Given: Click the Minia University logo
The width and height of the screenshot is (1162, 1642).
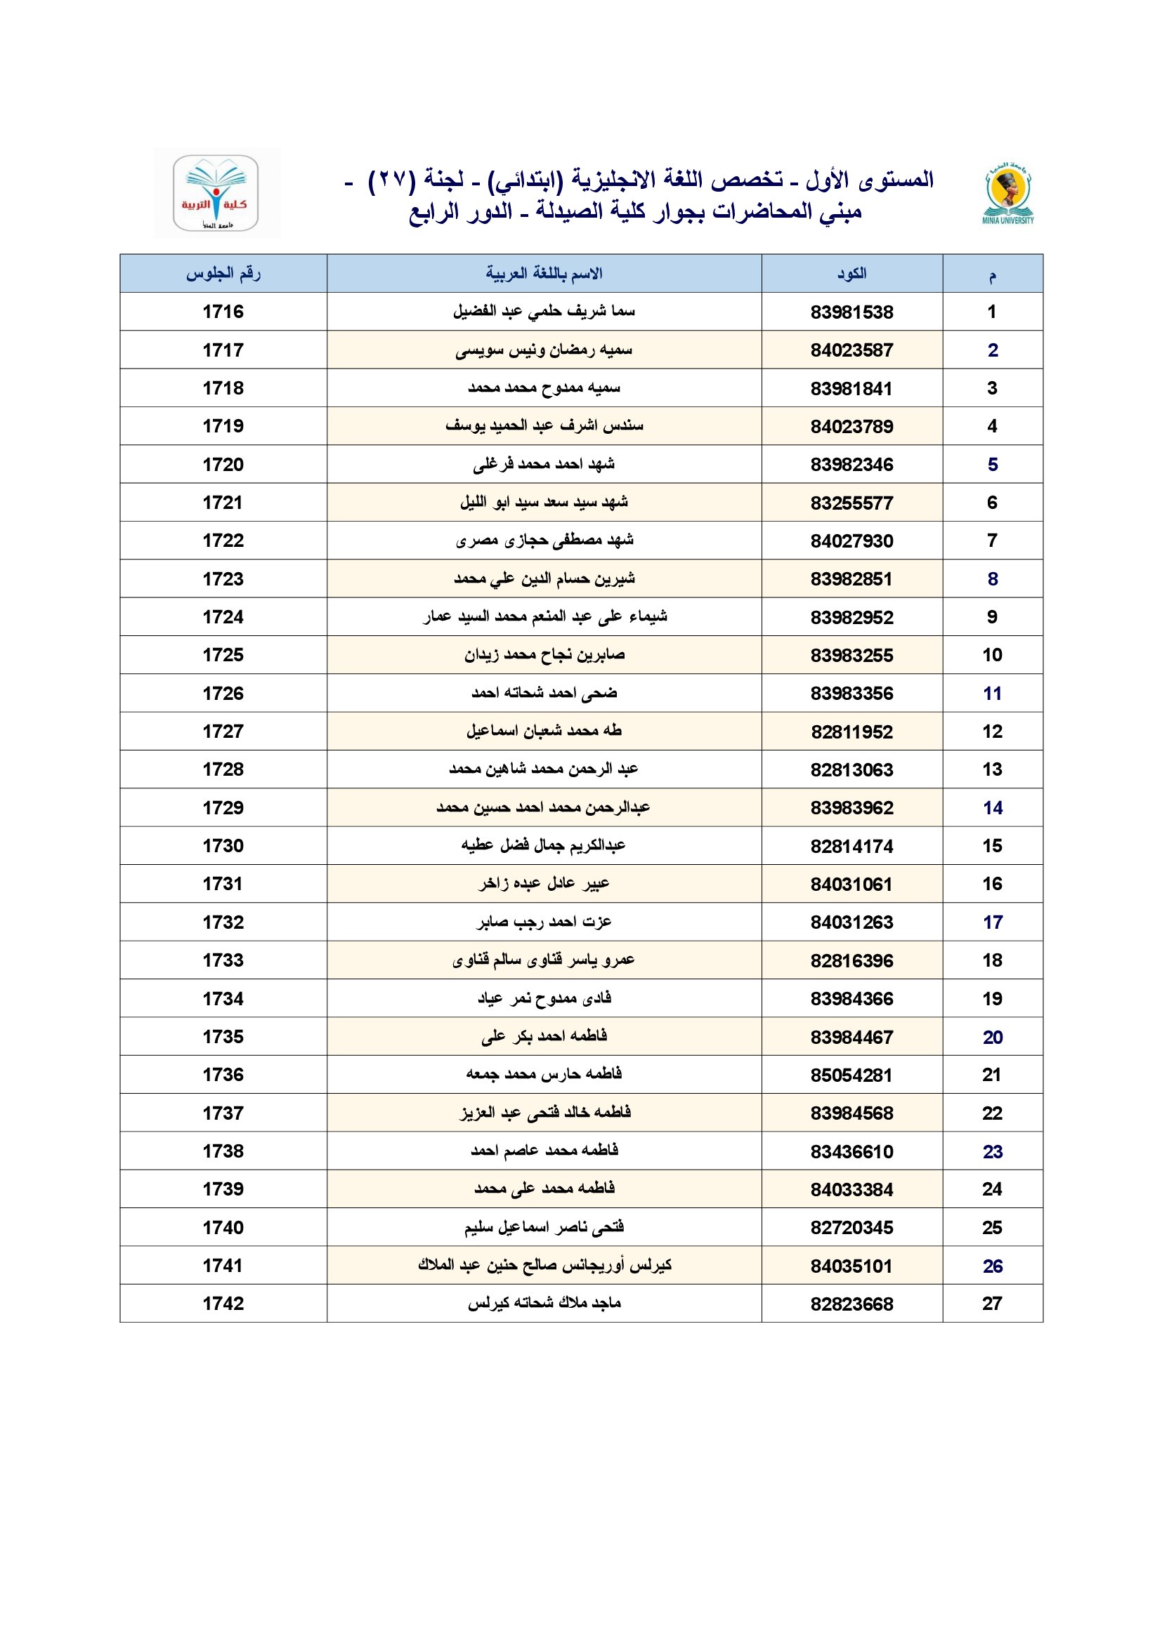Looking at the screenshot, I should pos(1007,194).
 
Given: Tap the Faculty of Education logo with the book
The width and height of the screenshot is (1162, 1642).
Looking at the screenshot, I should pos(216,192).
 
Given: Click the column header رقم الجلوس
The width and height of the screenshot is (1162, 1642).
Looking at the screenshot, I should pos(223,273).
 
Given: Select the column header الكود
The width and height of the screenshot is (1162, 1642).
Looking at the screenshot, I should pos(851,273).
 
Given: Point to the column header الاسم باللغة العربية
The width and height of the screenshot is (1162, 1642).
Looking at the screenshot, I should pos(544,273).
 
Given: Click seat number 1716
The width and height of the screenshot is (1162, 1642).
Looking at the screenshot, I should pos(223,312).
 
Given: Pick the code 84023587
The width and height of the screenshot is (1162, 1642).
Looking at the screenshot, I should pos(851,350).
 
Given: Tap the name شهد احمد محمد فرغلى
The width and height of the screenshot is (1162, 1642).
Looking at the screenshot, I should pos(544,465).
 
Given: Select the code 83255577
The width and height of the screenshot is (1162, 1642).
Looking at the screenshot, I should pos(851,503).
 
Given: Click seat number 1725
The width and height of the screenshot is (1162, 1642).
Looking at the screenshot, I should pos(223,655).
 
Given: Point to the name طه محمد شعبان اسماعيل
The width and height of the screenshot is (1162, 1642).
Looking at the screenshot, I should pos(544,731).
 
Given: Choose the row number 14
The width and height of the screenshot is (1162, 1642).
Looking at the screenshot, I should pos(993,808).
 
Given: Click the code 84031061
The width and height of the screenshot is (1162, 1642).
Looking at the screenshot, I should pos(851,885).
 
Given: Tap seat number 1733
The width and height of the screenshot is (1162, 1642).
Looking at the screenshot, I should pos(223,960).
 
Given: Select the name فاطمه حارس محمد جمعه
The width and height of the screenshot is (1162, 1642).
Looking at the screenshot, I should pos(544,1074).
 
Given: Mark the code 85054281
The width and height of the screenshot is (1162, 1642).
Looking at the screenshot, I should pos(851,1075).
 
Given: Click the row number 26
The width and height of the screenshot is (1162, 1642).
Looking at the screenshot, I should pos(993,1266).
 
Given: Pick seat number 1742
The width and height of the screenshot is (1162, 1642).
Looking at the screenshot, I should pos(223,1304).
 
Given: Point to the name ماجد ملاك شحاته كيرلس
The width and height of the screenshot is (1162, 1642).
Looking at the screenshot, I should pos(544,1304).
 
